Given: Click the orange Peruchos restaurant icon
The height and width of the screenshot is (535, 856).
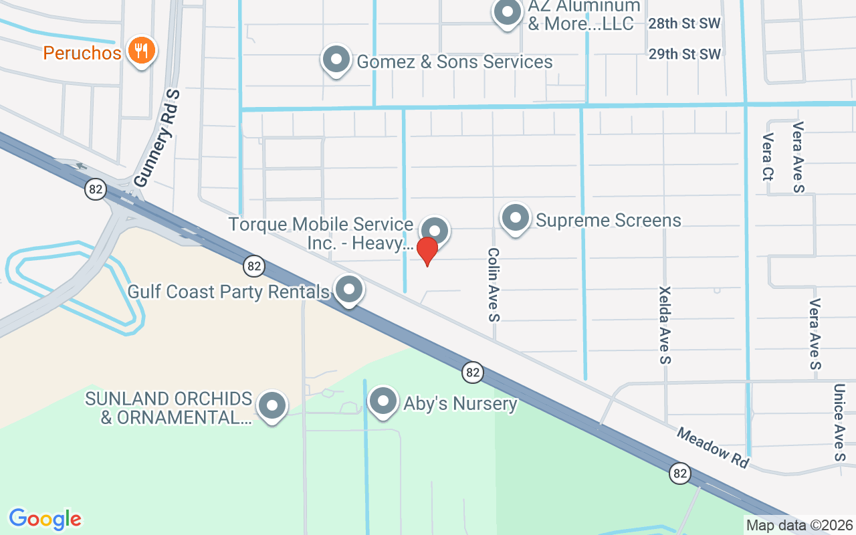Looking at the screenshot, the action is (x=140, y=51).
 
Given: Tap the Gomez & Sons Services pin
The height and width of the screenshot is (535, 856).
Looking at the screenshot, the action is (x=336, y=60).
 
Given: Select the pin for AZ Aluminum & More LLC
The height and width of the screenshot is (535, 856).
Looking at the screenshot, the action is (x=507, y=12).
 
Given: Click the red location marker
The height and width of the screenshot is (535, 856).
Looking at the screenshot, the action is (x=427, y=251).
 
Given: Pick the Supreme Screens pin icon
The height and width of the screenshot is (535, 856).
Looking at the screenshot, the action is (x=516, y=218).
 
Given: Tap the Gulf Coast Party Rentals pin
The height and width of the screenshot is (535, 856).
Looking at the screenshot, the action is (x=348, y=290).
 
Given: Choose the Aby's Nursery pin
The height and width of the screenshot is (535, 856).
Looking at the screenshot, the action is (x=383, y=402).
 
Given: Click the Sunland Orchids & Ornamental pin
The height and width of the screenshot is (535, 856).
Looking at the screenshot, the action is (x=272, y=406).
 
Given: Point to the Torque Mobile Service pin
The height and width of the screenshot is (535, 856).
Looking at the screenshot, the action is (x=435, y=231).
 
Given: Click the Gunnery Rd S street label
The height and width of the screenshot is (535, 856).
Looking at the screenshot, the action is (x=158, y=138).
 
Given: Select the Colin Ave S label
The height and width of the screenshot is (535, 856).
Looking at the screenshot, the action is (x=494, y=284).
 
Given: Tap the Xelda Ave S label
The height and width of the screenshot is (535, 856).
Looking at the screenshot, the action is (x=665, y=325).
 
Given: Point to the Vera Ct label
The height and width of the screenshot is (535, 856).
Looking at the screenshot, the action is (x=767, y=157).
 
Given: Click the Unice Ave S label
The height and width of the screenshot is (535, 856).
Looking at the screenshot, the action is (x=839, y=421).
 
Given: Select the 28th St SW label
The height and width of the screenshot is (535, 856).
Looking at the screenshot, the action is (x=684, y=24).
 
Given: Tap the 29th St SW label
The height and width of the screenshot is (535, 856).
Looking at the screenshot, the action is (x=684, y=54).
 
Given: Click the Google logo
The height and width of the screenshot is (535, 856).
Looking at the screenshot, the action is (x=45, y=519).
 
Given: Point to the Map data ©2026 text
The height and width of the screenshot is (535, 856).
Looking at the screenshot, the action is (x=800, y=526).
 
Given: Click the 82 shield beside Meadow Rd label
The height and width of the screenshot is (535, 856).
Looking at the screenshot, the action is (x=680, y=473).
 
